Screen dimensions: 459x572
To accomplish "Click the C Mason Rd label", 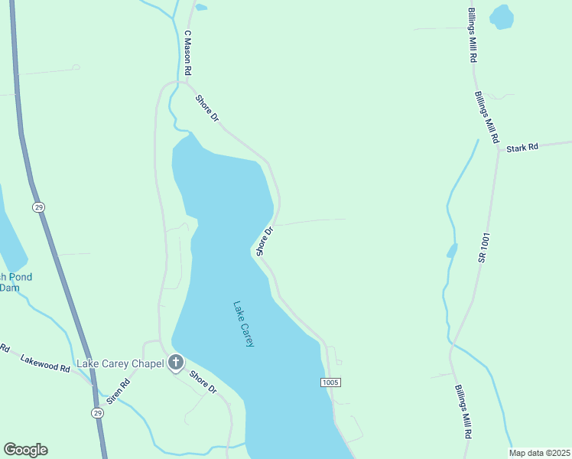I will point(187,53).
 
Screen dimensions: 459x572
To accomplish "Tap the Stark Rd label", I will point(522,146).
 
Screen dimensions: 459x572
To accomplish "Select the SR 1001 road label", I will point(484,248).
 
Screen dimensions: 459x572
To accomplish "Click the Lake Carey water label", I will point(243,324).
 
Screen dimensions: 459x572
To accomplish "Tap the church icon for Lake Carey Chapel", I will point(177,363).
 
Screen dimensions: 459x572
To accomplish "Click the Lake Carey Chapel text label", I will point(120,363).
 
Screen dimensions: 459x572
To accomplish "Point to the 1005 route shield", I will point(330,382).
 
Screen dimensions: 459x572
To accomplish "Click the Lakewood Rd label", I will point(45,363).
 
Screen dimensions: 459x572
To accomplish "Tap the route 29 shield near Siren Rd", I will point(97,413).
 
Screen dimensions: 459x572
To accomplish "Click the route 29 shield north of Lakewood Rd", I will point(39,207).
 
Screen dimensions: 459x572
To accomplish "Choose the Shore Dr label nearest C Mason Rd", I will point(207,108).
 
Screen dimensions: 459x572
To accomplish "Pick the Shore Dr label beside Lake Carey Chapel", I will point(203,382).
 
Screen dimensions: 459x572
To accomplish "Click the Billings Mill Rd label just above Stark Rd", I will point(486,119).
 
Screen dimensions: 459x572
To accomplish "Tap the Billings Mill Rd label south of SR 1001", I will point(463,411).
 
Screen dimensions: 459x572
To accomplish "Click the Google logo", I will point(25,450).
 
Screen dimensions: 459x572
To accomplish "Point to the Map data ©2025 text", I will point(539,453).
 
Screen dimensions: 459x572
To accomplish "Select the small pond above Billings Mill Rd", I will point(501,16).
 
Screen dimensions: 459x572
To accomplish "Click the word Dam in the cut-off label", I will point(9,288).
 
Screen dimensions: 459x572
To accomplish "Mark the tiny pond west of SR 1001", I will point(452,250).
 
